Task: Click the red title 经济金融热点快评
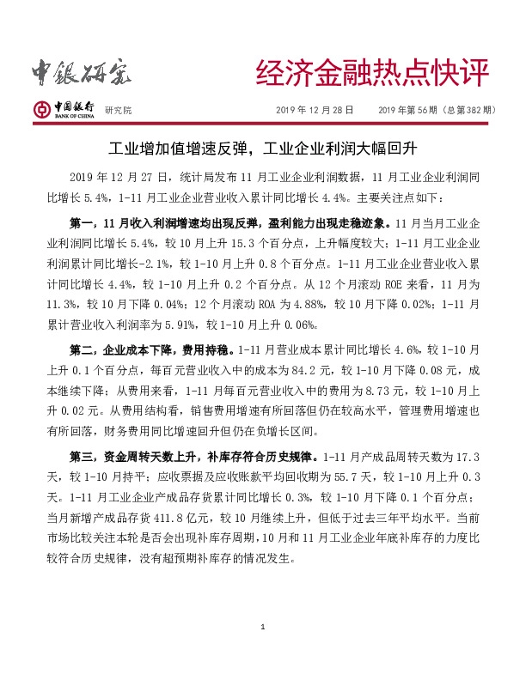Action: pyautogui.click(x=371, y=74)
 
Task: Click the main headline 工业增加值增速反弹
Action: pyautogui.click(x=183, y=148)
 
